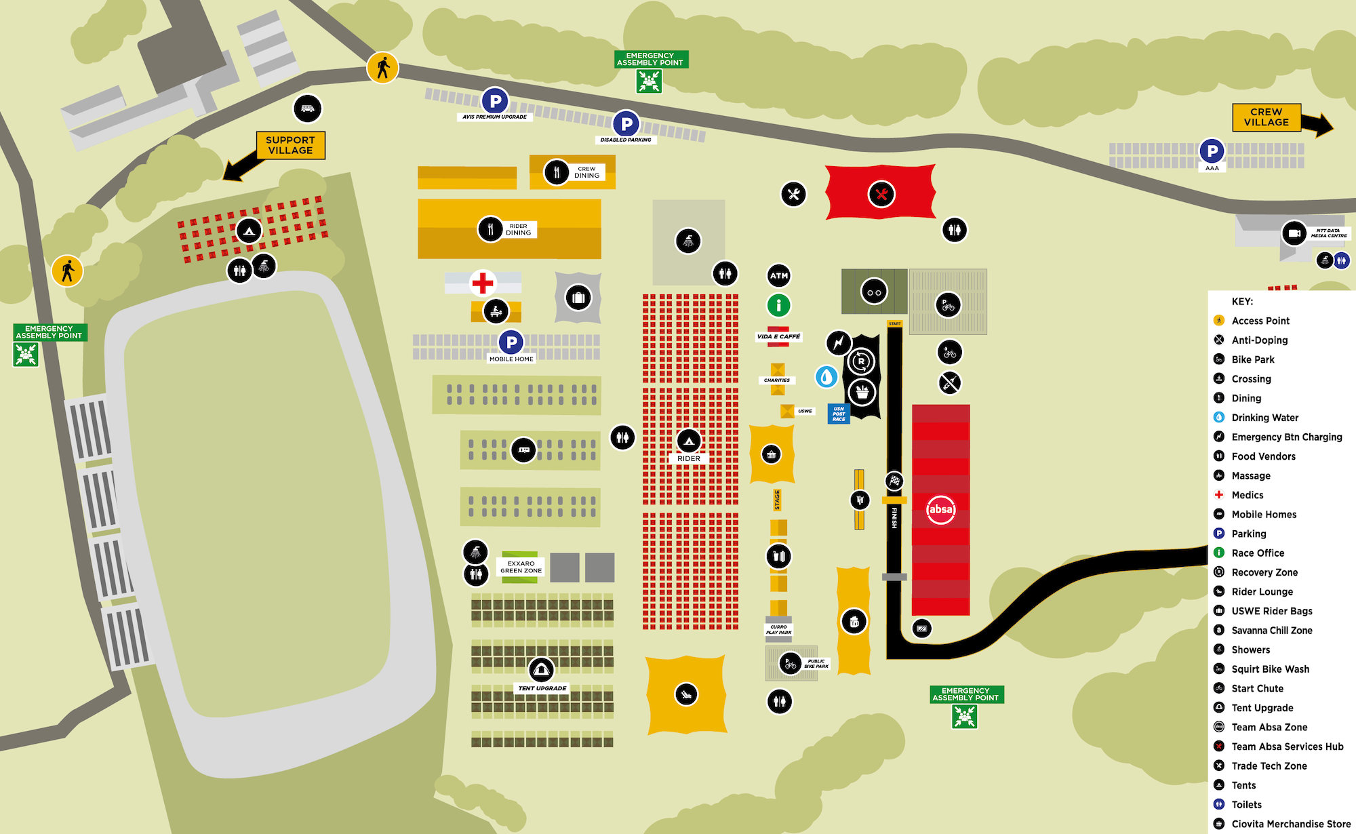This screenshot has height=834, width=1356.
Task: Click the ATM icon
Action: pyautogui.click(x=779, y=275)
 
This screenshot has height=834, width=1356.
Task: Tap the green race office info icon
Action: pyautogui.click(x=779, y=305)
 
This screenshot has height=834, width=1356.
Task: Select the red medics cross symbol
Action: pyautogui.click(x=483, y=283)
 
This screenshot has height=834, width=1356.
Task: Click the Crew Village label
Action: pyautogui.click(x=1266, y=117)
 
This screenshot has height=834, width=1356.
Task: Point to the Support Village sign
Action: pyautogui.click(x=290, y=145)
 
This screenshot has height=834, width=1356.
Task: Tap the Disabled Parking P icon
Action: pyautogui.click(x=626, y=124)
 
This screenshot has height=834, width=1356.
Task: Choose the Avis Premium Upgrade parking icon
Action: pyautogui.click(x=495, y=102)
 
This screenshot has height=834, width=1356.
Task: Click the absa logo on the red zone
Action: pyautogui.click(x=941, y=509)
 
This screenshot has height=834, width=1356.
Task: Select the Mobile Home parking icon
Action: pyautogui.click(x=511, y=342)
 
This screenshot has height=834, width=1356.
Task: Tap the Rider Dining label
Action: pyautogui.click(x=519, y=230)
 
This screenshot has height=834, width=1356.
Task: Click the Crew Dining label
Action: pyautogui.click(x=586, y=172)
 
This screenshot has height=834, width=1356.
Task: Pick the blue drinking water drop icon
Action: pyautogui.click(x=826, y=376)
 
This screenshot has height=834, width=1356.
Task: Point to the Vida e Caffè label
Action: pyautogui.click(x=778, y=336)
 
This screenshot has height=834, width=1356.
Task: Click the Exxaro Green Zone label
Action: pyautogui.click(x=521, y=567)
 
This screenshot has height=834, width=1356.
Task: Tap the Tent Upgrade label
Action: pyautogui.click(x=542, y=688)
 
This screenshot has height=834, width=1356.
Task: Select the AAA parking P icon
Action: pyautogui.click(x=1212, y=151)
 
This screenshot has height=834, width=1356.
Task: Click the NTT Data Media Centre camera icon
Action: pyautogui.click(x=1294, y=233)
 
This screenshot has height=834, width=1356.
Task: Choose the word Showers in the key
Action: pyautogui.click(x=1251, y=650)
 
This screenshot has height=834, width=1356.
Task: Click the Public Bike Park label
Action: pyautogui.click(x=816, y=663)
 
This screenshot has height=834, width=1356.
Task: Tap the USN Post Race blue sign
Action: pyautogui.click(x=839, y=414)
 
